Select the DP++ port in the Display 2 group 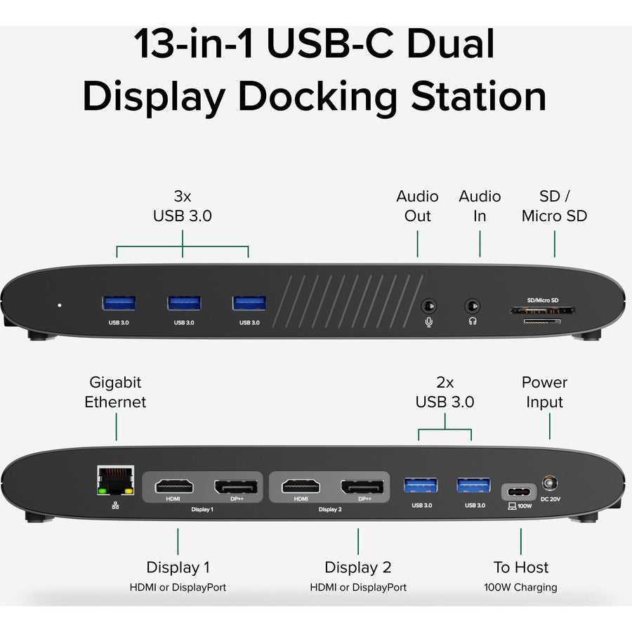tap(362, 486)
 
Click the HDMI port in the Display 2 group tap(301, 486)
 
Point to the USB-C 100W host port tap(520, 489)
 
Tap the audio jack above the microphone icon tap(428, 306)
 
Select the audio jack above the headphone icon tap(473, 306)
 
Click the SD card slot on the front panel tap(543, 310)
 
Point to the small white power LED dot tap(59, 305)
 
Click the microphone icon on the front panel tap(428, 322)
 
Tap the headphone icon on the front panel tap(473, 322)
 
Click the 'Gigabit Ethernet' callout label tap(116, 393)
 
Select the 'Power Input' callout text tap(544, 393)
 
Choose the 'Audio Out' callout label tap(417, 206)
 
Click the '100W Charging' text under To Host tap(520, 587)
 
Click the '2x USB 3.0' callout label tap(445, 393)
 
